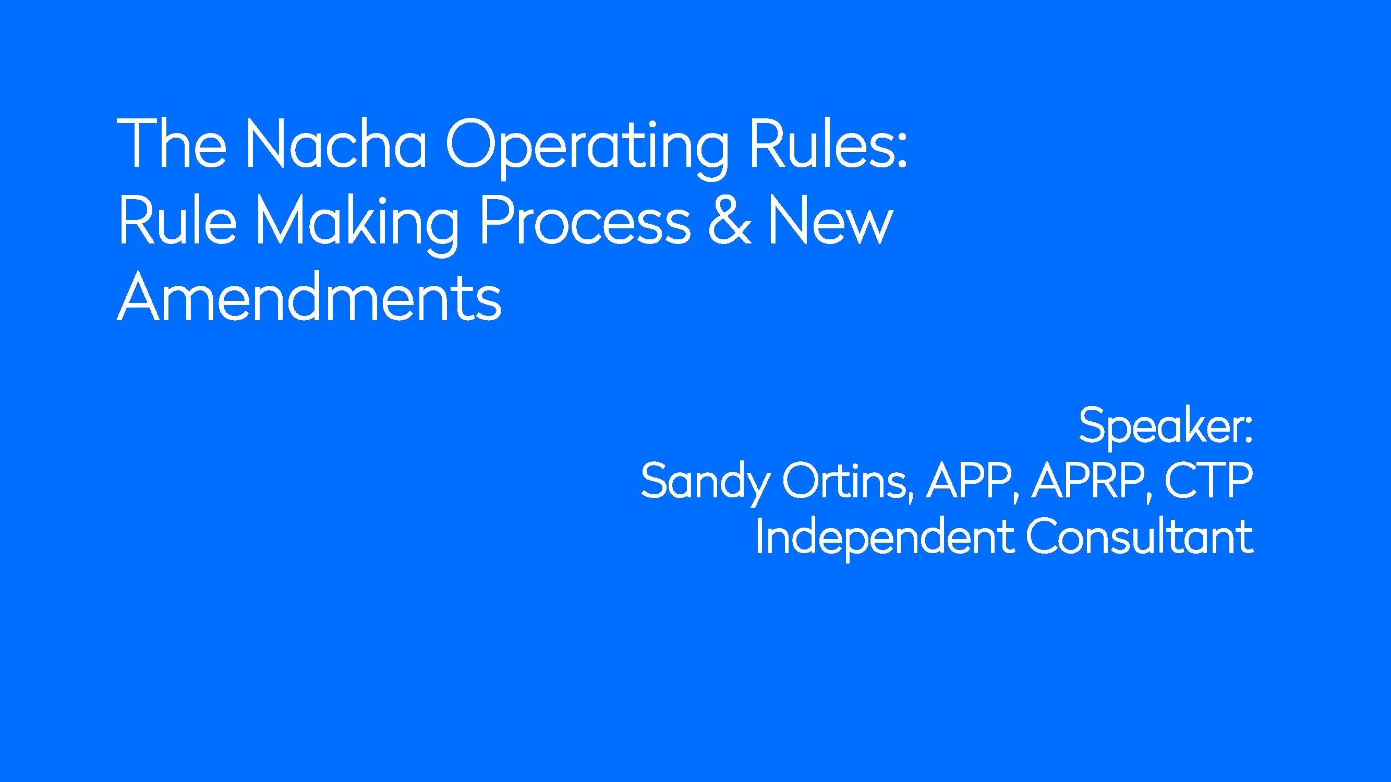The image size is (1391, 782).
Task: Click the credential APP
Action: tap(972, 481)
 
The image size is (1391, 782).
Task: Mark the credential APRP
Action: tap(1090, 481)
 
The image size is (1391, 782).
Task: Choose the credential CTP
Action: tap(1208, 480)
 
